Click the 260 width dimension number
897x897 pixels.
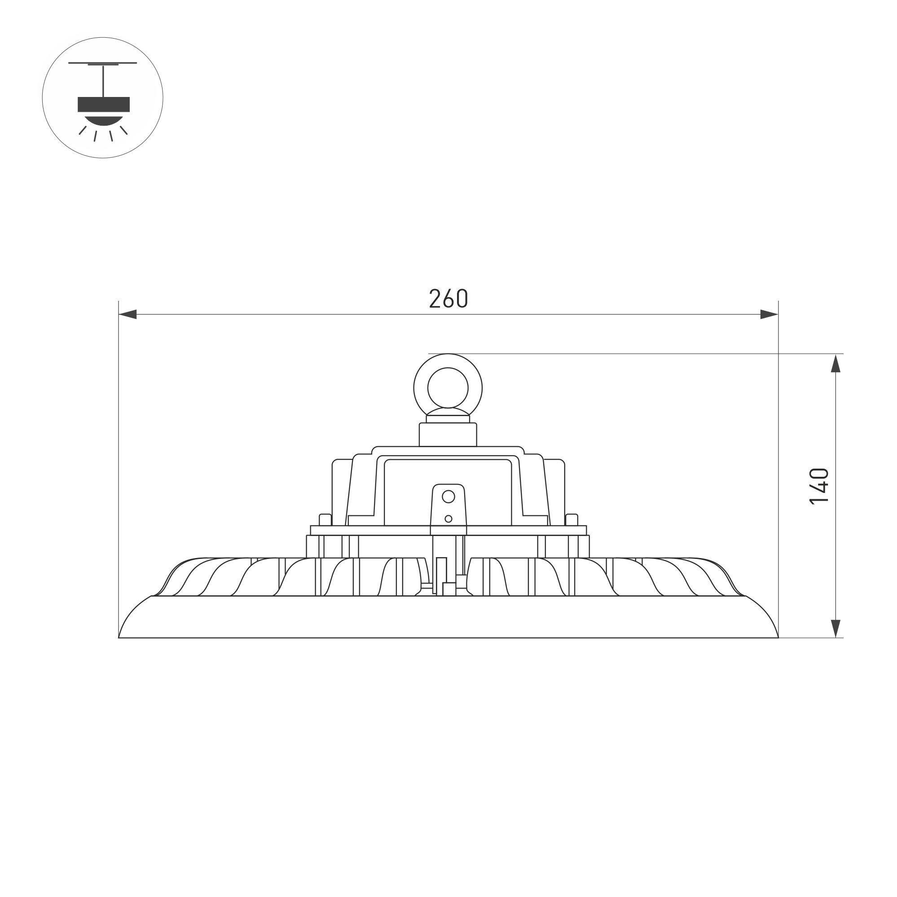(448, 299)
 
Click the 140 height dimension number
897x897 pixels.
(818, 486)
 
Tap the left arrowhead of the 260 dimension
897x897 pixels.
(128, 314)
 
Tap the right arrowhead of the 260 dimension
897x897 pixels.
(769, 314)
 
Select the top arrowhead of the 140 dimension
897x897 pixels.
(835, 364)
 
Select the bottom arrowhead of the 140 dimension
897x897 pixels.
(835, 628)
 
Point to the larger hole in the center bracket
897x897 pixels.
(448, 497)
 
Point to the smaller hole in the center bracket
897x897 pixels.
(448, 519)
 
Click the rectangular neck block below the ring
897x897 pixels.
(448, 435)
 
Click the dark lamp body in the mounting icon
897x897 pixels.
(104, 105)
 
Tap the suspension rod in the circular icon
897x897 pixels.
(103, 81)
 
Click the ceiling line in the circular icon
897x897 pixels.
(103, 63)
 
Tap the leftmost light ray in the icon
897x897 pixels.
(83, 131)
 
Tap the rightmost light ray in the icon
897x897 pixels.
(123, 131)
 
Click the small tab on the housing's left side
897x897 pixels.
(325, 519)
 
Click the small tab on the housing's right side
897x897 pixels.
(572, 519)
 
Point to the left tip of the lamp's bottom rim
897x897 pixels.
(120, 637)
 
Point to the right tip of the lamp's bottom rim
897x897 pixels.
(777, 637)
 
